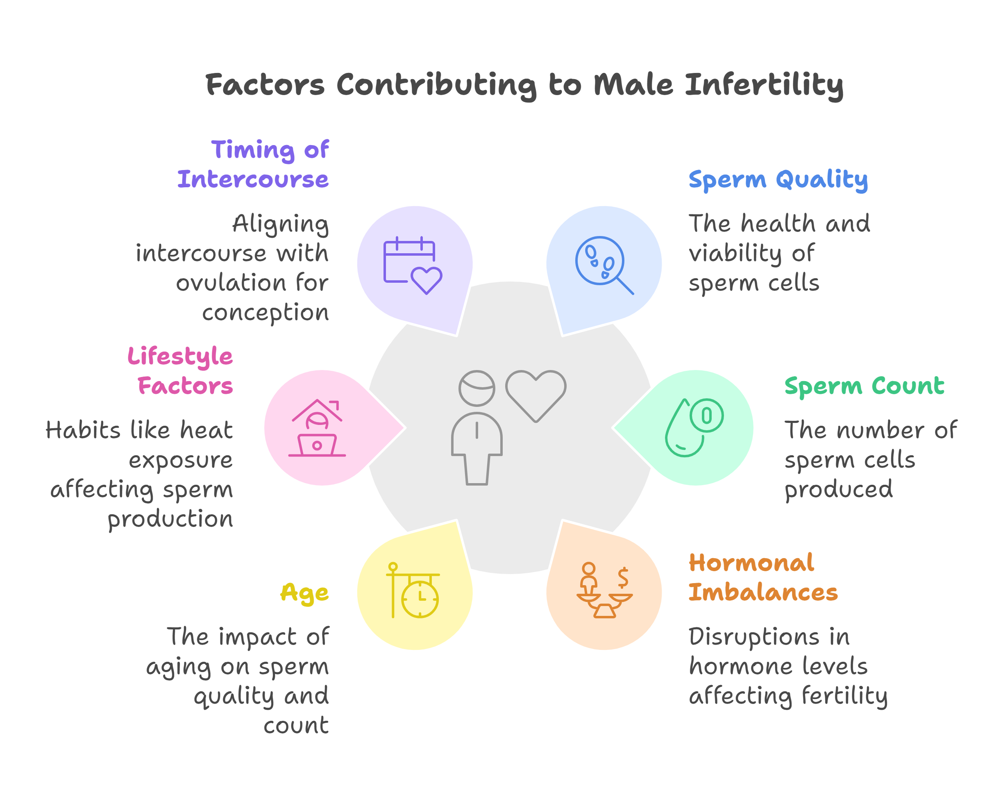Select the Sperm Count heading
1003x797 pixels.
865,386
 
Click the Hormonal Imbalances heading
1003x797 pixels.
763,577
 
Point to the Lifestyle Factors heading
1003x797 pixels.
180,371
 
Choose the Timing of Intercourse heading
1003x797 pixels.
253,164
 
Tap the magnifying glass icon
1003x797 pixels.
604,265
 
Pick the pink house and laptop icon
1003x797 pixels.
317,427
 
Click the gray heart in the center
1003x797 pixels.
536,396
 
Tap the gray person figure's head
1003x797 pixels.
477,388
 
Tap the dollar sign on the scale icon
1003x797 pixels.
623,577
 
